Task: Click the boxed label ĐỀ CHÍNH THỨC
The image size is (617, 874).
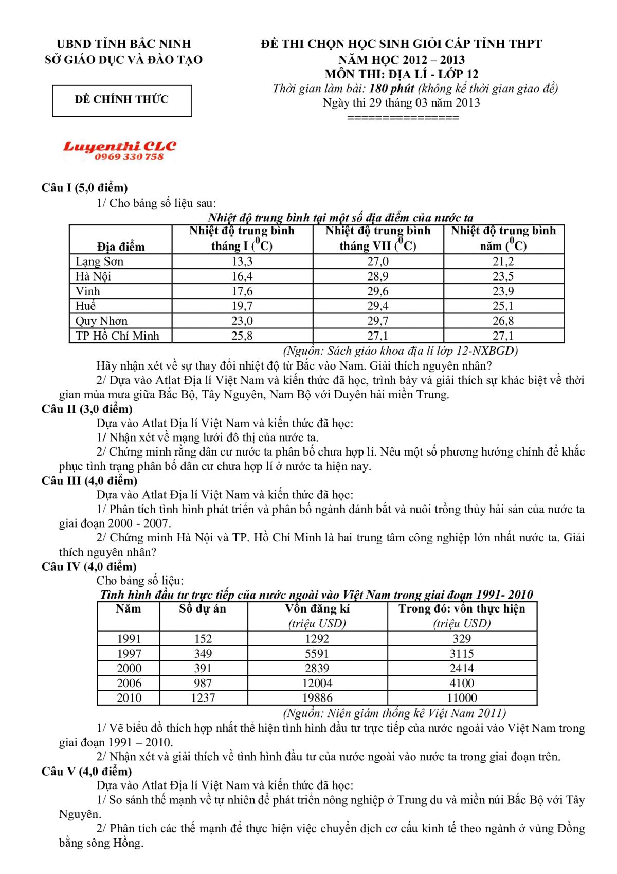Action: click(x=122, y=100)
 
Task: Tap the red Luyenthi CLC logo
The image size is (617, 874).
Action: click(x=119, y=147)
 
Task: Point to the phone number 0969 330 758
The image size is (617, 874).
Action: click(x=129, y=157)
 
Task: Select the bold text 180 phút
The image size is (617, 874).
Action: click(x=391, y=89)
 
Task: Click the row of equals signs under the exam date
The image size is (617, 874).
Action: click(x=403, y=118)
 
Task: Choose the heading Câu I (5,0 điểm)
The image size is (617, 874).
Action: click(x=85, y=188)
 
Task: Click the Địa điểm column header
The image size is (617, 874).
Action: click(x=121, y=247)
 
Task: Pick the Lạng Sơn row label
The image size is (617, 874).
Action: click(x=99, y=261)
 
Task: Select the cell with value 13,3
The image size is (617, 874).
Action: click(x=242, y=261)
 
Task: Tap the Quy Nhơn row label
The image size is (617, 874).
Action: click(x=101, y=321)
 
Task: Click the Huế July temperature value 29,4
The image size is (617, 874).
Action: click(x=378, y=306)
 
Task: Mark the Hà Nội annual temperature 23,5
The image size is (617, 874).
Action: click(x=503, y=276)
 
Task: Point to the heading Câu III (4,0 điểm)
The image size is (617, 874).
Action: click(x=89, y=481)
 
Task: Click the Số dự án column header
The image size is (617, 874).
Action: click(x=203, y=609)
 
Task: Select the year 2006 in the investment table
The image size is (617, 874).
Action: click(x=129, y=683)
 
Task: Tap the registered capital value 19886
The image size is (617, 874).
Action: click(x=317, y=698)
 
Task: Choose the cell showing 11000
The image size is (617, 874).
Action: click(x=462, y=698)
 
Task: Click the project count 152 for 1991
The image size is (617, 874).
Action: click(x=203, y=639)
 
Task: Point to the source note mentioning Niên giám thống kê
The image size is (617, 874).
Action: click(x=394, y=713)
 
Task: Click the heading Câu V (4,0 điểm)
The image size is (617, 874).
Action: click(x=87, y=772)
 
